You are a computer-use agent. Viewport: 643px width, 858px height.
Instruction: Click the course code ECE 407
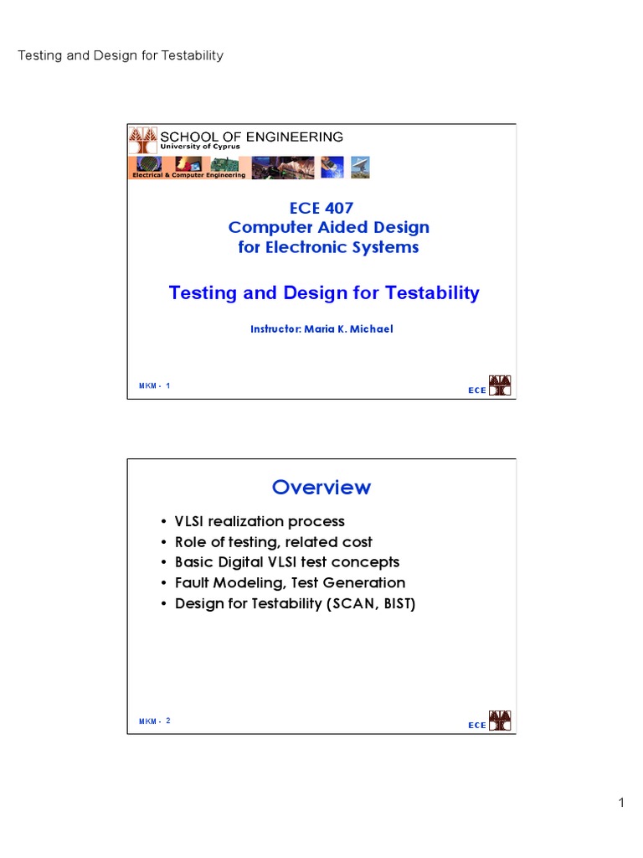(321, 208)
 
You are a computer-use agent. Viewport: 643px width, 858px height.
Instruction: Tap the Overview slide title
(321, 487)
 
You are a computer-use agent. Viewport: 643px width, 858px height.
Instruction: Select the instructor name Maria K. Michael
(348, 328)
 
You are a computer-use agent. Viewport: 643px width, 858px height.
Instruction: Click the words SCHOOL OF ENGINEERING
(251, 137)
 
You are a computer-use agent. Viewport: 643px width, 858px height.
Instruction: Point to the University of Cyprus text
(200, 147)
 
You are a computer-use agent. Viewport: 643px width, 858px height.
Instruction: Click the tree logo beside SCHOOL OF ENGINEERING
(143, 141)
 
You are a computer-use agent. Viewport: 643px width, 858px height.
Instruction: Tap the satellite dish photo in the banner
(360, 168)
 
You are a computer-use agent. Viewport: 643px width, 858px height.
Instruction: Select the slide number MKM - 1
(154, 385)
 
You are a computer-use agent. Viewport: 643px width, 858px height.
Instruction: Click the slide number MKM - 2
(154, 721)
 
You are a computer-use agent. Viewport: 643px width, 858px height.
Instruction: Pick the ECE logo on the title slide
(489, 385)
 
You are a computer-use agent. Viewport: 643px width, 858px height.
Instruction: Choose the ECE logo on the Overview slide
(489, 721)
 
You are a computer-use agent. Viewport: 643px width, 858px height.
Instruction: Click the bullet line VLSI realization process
(260, 521)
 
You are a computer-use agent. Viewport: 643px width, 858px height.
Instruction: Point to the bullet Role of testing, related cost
(274, 542)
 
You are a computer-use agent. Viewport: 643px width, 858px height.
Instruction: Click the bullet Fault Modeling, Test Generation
(291, 583)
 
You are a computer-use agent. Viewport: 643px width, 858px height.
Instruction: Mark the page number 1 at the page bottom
(621, 803)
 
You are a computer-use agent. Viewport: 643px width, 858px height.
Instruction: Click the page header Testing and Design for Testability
(121, 55)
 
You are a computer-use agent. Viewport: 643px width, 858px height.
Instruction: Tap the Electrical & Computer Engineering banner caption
(188, 175)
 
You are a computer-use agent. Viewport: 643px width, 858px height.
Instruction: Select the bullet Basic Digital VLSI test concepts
(287, 562)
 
